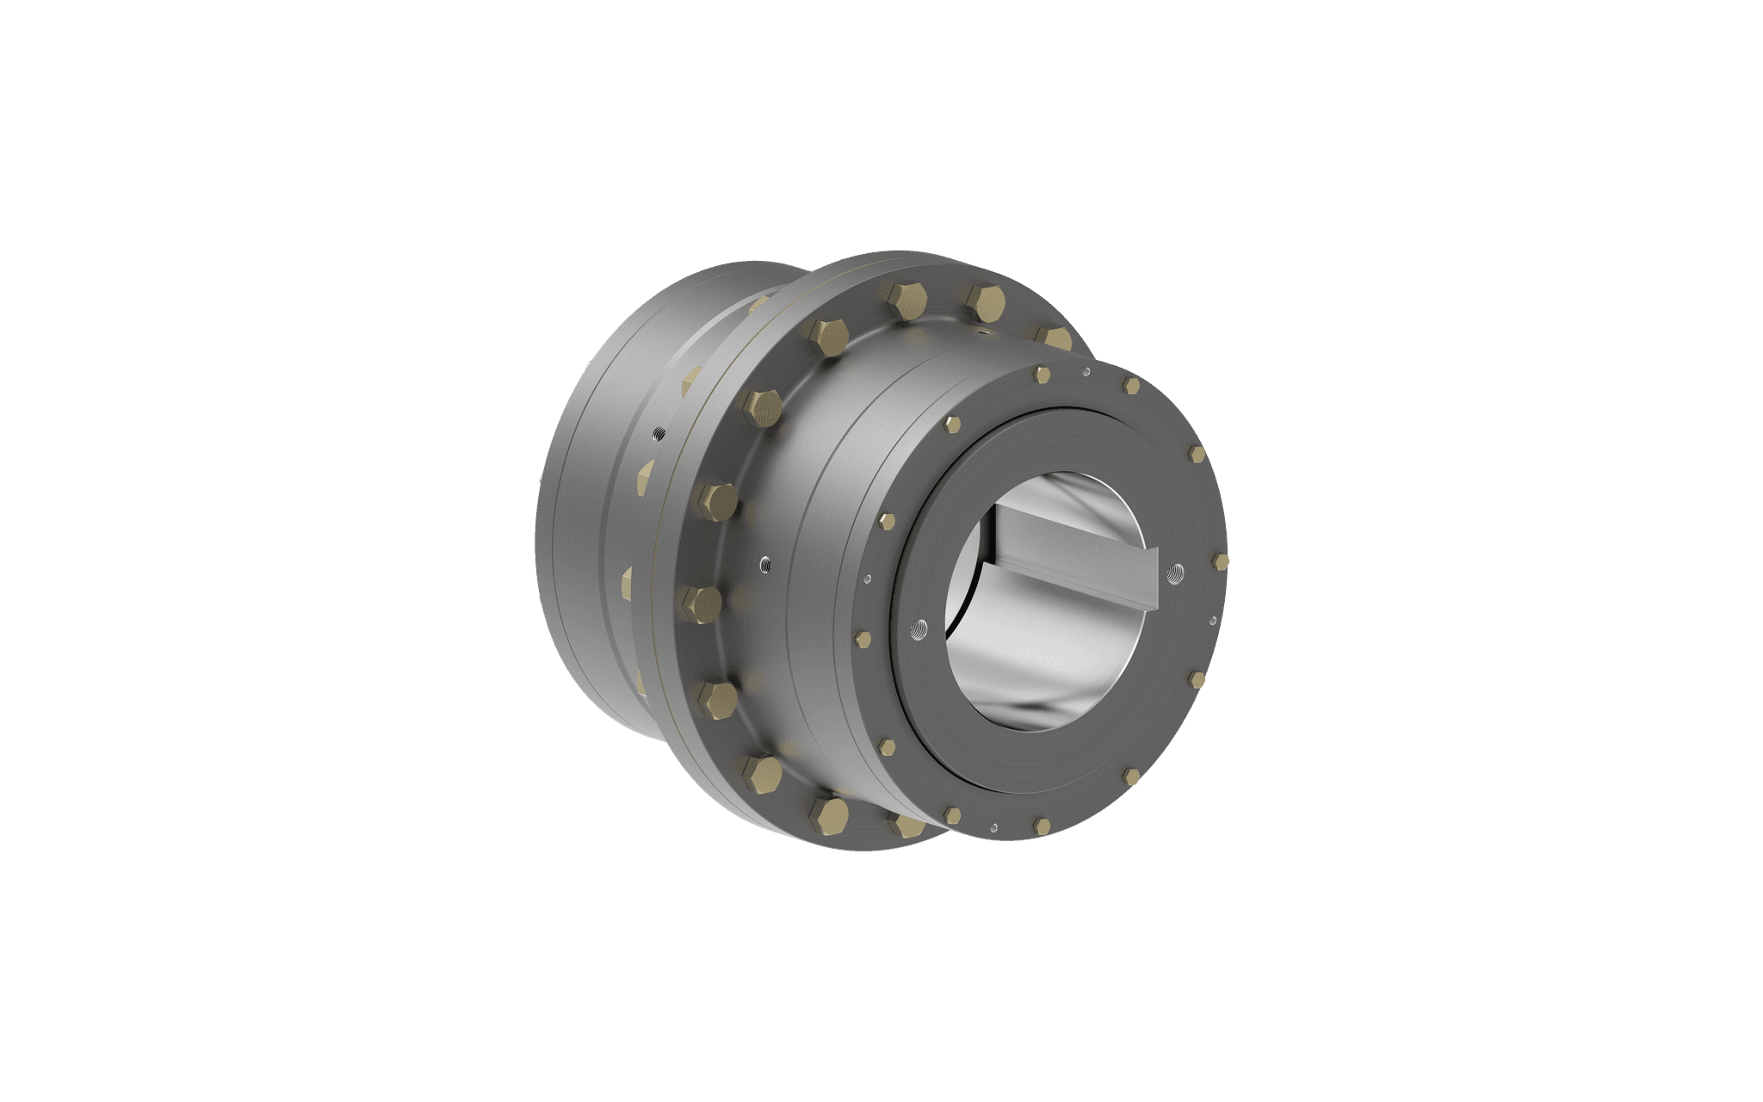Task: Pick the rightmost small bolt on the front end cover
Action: click(x=1220, y=561)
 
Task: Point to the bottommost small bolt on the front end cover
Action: click(x=1041, y=826)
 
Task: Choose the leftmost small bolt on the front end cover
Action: click(x=863, y=638)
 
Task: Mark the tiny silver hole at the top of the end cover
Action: click(x=1086, y=373)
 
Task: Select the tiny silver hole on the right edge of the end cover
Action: click(x=1212, y=618)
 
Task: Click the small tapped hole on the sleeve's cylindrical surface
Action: click(x=765, y=565)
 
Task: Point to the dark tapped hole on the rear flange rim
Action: click(x=657, y=433)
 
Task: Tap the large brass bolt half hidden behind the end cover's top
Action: click(x=1052, y=337)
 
